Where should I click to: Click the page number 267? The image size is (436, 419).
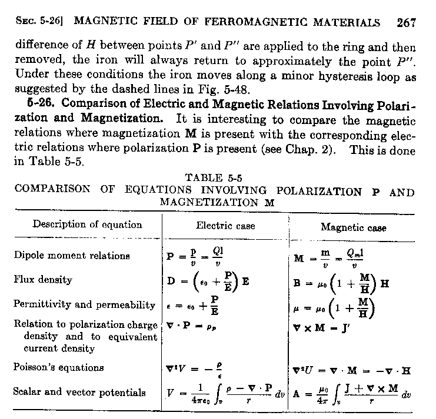click(407, 23)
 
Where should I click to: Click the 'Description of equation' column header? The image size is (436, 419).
click(87, 224)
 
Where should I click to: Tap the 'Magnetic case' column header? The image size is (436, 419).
click(354, 227)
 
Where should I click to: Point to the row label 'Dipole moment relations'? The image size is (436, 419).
click(72, 256)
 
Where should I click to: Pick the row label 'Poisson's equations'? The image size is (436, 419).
click(59, 367)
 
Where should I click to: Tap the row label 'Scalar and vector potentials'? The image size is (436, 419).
click(79, 392)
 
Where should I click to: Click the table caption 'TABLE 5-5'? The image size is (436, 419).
click(214, 177)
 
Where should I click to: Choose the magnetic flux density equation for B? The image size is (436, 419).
click(342, 283)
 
